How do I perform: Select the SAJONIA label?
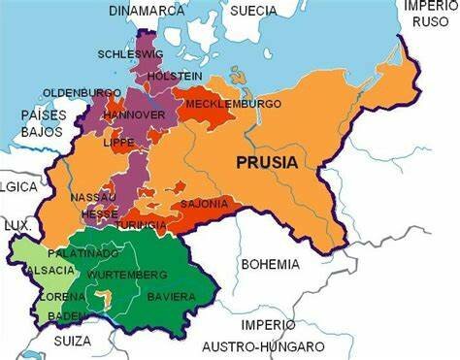pyautogui.click(x=204, y=204)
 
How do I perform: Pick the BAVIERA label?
pyautogui.click(x=171, y=296)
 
